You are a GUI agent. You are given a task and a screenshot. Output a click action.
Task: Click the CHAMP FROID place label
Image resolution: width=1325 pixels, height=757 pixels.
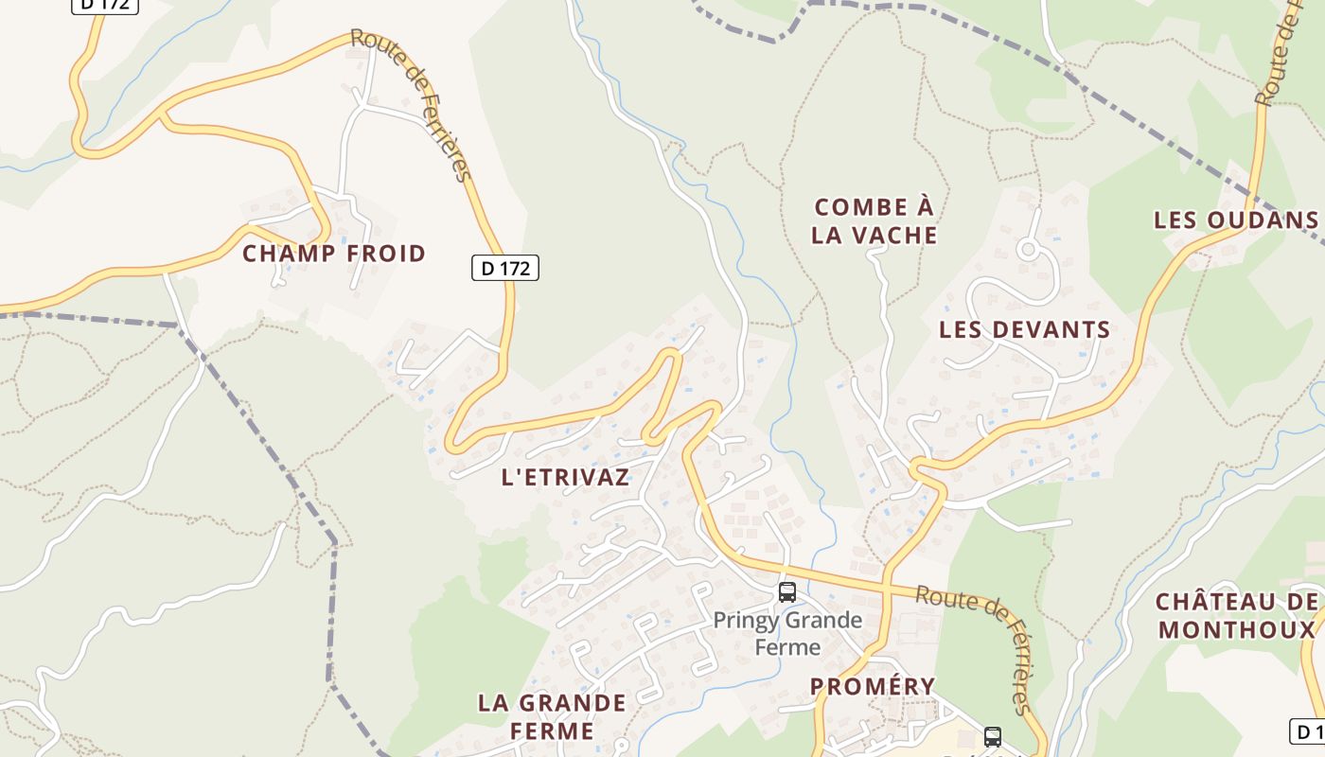click(334, 254)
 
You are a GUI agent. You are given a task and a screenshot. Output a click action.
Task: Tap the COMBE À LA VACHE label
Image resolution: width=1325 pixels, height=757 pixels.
click(874, 220)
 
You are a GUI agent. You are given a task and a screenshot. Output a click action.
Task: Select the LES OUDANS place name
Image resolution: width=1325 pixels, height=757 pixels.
click(1235, 220)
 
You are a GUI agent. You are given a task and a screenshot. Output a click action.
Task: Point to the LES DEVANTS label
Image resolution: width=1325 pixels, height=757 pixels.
click(1024, 329)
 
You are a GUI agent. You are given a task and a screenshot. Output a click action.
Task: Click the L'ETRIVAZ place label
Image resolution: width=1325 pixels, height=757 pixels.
click(565, 477)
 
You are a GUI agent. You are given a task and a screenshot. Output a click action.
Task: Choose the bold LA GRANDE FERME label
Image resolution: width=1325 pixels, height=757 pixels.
click(552, 716)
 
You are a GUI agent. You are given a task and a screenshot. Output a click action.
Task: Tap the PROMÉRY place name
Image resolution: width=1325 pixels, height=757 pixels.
click(873, 686)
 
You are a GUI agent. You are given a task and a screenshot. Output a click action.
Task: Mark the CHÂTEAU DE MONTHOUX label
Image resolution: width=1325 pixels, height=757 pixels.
click(1237, 615)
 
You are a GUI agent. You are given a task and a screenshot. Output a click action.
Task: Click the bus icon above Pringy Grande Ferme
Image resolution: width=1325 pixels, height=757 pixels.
click(786, 592)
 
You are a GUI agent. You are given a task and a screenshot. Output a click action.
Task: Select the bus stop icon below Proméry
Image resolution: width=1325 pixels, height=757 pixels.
click(992, 736)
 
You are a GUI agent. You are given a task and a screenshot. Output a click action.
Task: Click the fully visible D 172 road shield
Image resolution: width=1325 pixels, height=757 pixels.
click(505, 268)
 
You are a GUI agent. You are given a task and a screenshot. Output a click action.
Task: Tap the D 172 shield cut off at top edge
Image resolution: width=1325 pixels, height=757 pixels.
click(105, 6)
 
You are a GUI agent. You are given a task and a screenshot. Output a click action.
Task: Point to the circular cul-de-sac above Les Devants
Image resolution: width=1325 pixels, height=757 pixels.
click(1028, 250)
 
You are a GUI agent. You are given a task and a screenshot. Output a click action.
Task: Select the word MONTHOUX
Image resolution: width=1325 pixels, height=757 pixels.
click(1237, 629)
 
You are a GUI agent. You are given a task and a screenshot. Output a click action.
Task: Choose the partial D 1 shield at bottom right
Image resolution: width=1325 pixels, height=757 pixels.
click(1308, 731)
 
